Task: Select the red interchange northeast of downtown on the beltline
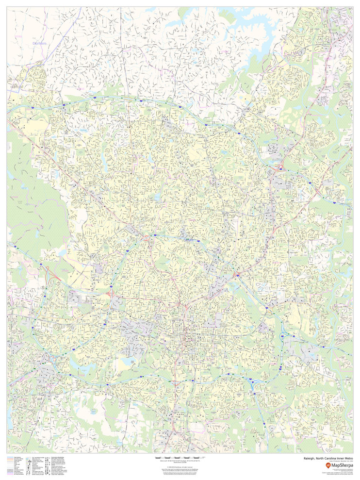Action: pos(238,275)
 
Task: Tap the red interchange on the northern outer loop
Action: pos(280,168)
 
